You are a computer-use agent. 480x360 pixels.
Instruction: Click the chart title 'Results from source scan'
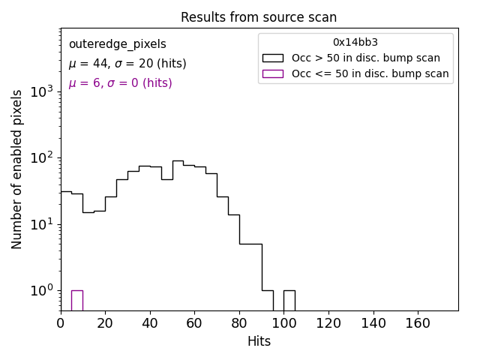tap(259, 17)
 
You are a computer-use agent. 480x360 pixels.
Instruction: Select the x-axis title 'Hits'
tap(259, 341)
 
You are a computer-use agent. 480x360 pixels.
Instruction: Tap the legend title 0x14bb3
tap(355, 42)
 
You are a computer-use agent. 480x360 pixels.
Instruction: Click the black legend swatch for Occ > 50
tap(272, 58)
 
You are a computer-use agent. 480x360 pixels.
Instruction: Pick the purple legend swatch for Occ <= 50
tap(272, 73)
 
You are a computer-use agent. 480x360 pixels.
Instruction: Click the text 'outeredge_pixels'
tap(118, 44)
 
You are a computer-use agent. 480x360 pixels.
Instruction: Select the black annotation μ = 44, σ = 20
tap(127, 64)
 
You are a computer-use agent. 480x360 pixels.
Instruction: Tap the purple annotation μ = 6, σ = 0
tap(120, 83)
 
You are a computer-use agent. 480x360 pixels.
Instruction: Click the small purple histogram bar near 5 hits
tap(76, 300)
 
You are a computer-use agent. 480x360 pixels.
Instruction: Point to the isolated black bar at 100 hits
tap(289, 300)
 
